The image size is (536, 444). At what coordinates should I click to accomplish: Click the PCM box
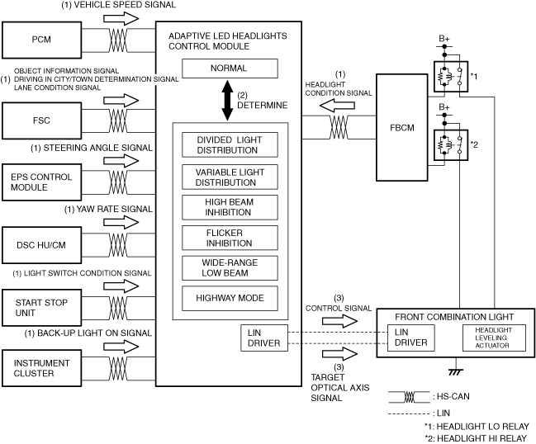tap(41, 40)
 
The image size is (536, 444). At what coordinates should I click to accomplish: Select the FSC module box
tap(41, 120)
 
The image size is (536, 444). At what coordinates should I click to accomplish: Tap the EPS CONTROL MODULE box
tap(41, 182)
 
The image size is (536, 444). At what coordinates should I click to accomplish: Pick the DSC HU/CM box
tap(41, 245)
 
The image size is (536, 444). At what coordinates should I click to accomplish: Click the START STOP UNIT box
tap(41, 308)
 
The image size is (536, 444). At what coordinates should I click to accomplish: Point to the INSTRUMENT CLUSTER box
tap(41, 368)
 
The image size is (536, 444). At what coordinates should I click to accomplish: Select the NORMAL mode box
tap(230, 68)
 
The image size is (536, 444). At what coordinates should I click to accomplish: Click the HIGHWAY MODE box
tap(230, 299)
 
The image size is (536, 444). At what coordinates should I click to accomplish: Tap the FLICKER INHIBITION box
tap(230, 238)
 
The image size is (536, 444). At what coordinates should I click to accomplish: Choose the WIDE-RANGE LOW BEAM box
tap(230, 268)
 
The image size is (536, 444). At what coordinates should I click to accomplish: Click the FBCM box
tap(402, 127)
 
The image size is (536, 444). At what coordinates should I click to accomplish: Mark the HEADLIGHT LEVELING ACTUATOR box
tap(494, 338)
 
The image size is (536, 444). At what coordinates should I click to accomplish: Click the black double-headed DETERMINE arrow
tap(227, 100)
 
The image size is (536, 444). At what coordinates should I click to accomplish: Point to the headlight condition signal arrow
tap(337, 106)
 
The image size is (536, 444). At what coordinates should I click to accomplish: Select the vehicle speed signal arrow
tap(121, 18)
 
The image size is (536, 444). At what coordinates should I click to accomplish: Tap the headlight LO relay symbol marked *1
tap(451, 77)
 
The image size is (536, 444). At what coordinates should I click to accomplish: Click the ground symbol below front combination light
tap(456, 371)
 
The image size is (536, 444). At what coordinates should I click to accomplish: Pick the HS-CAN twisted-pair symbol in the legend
tap(409, 397)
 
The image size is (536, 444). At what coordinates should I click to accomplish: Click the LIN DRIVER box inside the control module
tap(264, 338)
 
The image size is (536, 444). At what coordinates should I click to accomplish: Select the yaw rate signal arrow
tap(121, 222)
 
